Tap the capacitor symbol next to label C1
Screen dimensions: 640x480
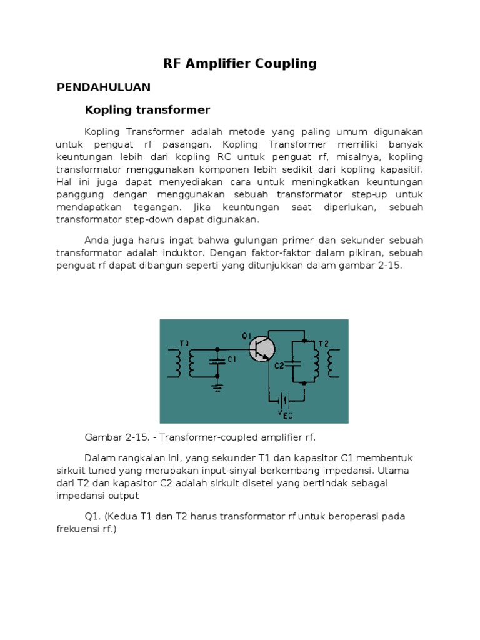(x=217, y=361)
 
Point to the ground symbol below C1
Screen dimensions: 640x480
(x=217, y=387)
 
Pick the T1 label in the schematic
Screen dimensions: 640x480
(x=183, y=344)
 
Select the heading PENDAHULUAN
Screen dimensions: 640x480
(x=104, y=87)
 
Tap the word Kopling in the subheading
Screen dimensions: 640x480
(x=108, y=110)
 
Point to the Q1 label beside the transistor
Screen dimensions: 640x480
(x=246, y=337)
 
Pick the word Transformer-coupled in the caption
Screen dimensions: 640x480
(x=198, y=436)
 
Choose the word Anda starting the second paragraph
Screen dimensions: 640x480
(x=96, y=241)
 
